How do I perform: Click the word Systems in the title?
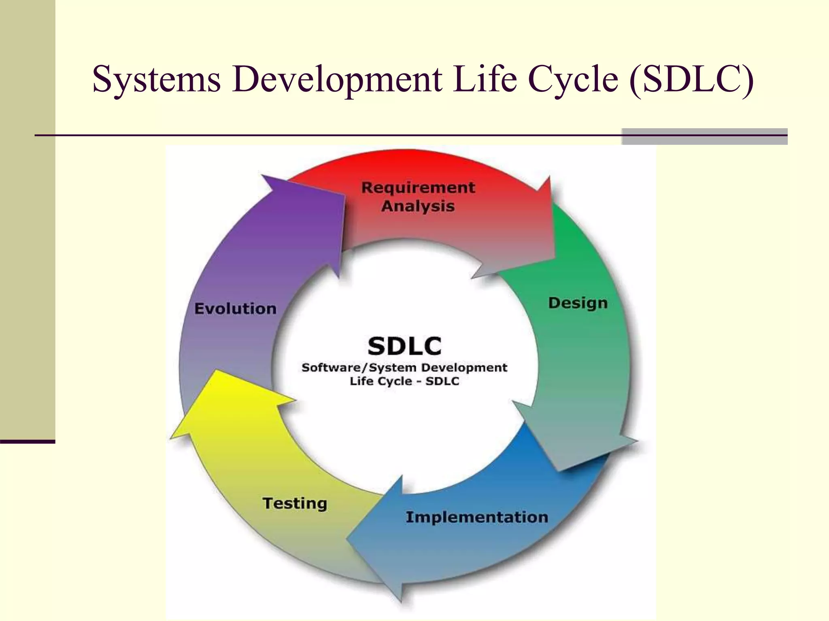click(156, 79)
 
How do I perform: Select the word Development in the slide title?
click(337, 79)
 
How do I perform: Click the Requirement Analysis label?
click(418, 196)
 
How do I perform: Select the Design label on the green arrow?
click(578, 303)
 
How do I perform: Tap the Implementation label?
click(476, 517)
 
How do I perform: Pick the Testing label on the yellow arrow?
click(295, 503)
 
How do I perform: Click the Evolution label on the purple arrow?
click(235, 309)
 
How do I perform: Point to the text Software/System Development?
click(404, 368)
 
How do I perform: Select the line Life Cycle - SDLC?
click(404, 381)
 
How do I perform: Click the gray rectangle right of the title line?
click(704, 136)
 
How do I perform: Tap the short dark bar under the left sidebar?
click(27, 441)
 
